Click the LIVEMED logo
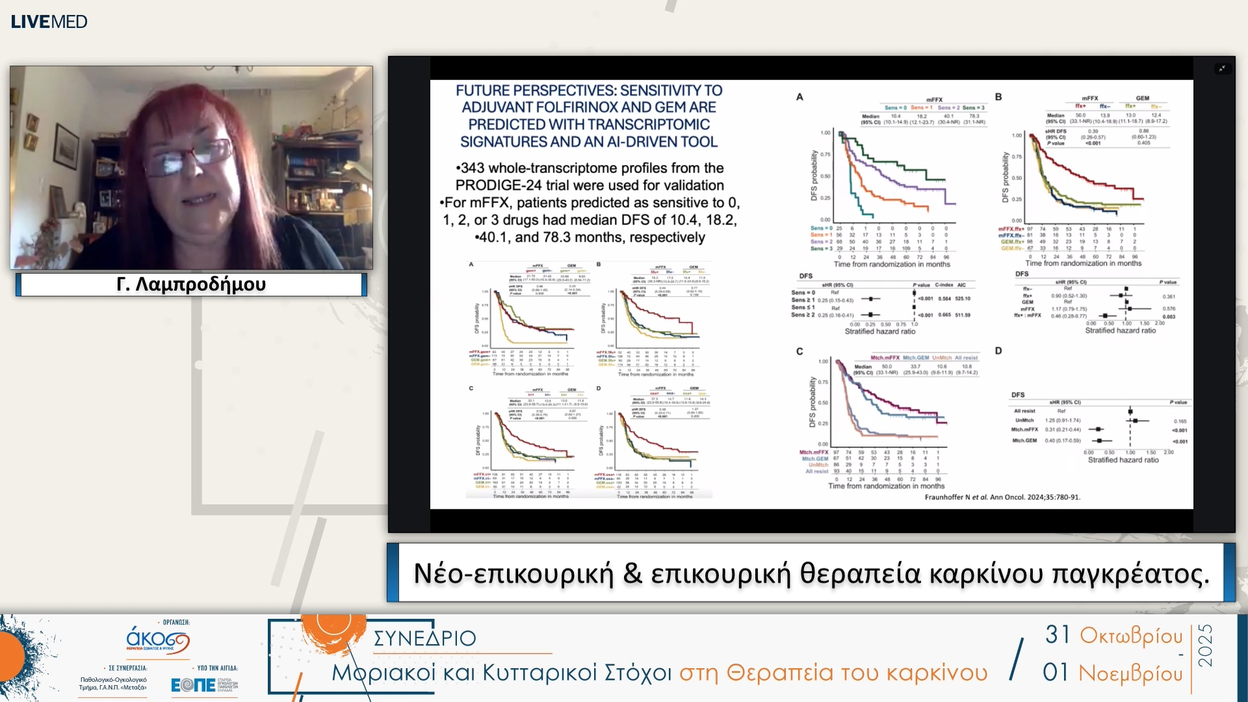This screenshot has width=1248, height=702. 49,21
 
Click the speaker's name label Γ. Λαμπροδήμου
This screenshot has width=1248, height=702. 191,284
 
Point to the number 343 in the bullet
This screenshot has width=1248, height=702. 473,168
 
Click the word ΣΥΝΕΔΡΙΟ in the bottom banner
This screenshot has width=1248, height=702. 424,638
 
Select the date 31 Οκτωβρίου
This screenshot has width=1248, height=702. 1113,635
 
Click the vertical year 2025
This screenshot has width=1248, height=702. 1205,645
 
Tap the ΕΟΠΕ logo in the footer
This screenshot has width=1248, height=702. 193,684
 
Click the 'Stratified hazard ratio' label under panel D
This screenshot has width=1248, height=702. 1123,460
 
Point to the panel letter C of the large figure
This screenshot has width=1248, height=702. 799,351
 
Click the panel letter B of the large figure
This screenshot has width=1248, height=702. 998,97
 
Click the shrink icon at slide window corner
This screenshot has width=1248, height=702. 1222,68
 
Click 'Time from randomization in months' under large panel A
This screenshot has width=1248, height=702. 892,265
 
